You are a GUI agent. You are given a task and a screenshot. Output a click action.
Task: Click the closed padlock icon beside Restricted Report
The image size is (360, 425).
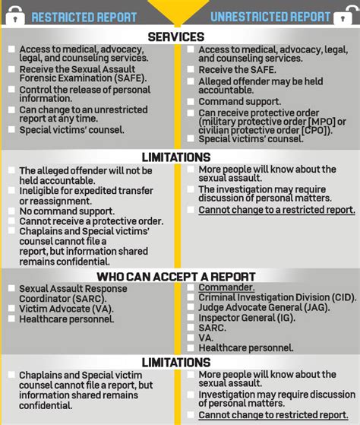tap(16, 14)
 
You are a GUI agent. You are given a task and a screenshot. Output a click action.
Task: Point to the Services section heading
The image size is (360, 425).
tap(175, 36)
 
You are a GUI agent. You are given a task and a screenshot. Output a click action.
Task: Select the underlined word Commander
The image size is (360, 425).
tap(226, 288)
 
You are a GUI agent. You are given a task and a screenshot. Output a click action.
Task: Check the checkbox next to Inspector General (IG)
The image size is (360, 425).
tap(191, 319)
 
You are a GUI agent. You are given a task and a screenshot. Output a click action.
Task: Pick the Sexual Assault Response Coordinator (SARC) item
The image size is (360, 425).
tap(68, 293)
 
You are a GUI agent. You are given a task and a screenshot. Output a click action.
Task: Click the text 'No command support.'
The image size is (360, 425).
tap(67, 211)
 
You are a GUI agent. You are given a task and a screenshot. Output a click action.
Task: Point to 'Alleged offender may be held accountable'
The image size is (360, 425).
tap(261, 85)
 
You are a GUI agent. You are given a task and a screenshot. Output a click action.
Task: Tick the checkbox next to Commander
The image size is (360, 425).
tap(191, 288)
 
